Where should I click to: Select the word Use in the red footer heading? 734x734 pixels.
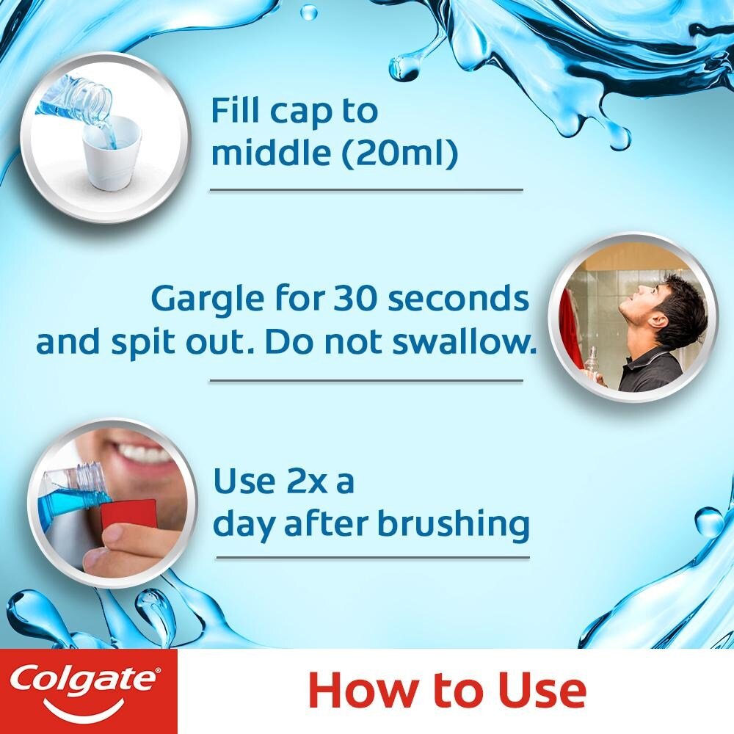543,691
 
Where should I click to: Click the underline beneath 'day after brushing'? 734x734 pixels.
371,558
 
